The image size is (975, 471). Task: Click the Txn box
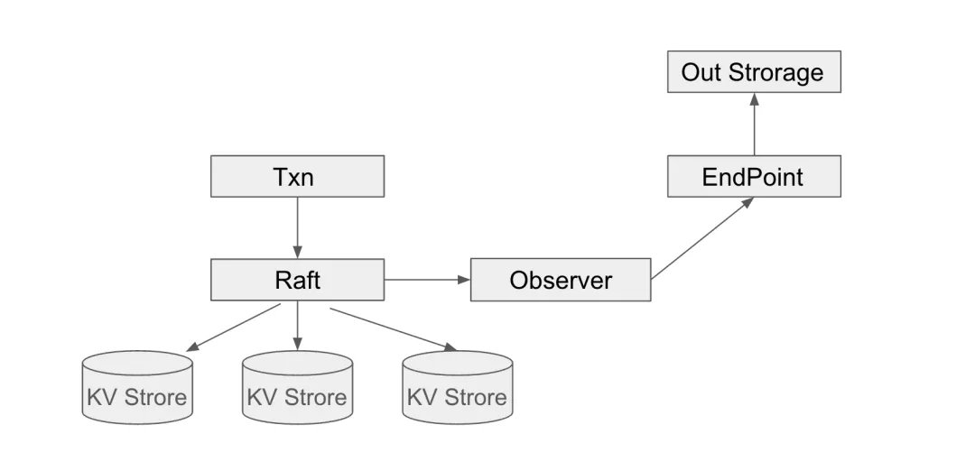pos(297,176)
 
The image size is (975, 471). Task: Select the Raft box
pos(297,280)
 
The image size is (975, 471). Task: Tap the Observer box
pos(560,280)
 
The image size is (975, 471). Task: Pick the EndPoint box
pos(753,176)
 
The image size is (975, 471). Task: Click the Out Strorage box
pos(753,72)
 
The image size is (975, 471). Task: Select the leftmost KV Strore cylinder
pos(137,388)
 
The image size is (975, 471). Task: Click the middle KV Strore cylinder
pos(297,388)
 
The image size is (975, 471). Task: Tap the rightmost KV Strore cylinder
pos(457,388)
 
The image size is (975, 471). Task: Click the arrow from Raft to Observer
pos(427,280)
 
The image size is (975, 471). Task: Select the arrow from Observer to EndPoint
pos(702,238)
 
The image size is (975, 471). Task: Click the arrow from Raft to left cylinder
pos(235,328)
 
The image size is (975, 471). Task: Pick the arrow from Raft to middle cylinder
pos(297,326)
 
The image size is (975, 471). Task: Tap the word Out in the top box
pos(701,72)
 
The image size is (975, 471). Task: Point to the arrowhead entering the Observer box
pos(465,280)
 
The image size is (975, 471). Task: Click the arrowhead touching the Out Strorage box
pos(754,98)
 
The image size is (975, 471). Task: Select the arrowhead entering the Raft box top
pos(297,253)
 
